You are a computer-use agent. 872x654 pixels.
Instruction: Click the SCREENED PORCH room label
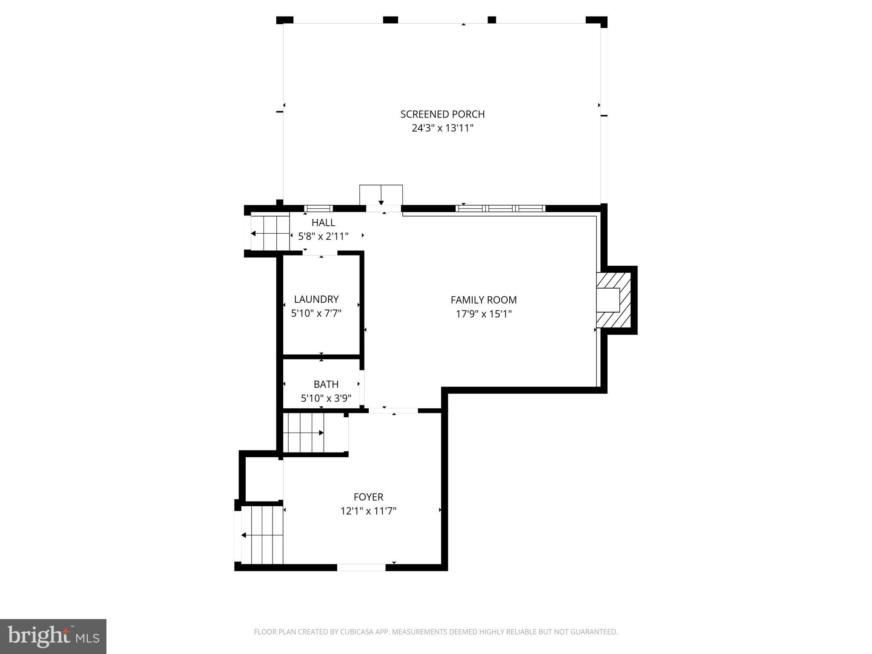click(442, 114)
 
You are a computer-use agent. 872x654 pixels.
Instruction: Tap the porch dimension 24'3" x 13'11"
click(442, 128)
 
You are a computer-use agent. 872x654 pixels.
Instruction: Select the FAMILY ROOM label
click(484, 300)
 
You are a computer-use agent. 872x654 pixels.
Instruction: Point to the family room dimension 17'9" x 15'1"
click(484, 314)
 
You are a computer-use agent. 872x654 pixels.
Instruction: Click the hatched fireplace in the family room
click(614, 300)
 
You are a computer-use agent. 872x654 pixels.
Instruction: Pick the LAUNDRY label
click(316, 299)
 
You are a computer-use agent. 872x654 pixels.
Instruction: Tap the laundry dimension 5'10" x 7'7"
click(316, 313)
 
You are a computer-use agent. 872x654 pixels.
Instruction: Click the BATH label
click(326, 384)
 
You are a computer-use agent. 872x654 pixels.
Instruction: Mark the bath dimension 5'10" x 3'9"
click(326, 399)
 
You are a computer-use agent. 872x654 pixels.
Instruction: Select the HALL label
click(323, 222)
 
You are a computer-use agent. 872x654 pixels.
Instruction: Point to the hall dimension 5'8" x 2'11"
click(323, 236)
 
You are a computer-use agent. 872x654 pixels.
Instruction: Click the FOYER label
click(368, 497)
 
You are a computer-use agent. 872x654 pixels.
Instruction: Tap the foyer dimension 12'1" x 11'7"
click(368, 511)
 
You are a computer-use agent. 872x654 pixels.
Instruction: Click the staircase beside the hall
click(270, 233)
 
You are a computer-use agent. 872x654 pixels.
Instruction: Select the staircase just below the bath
click(314, 433)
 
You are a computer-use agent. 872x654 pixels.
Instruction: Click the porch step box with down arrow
click(381, 195)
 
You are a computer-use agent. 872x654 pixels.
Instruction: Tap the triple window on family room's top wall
click(500, 209)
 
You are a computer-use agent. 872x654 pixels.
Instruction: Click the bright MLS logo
click(53, 636)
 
